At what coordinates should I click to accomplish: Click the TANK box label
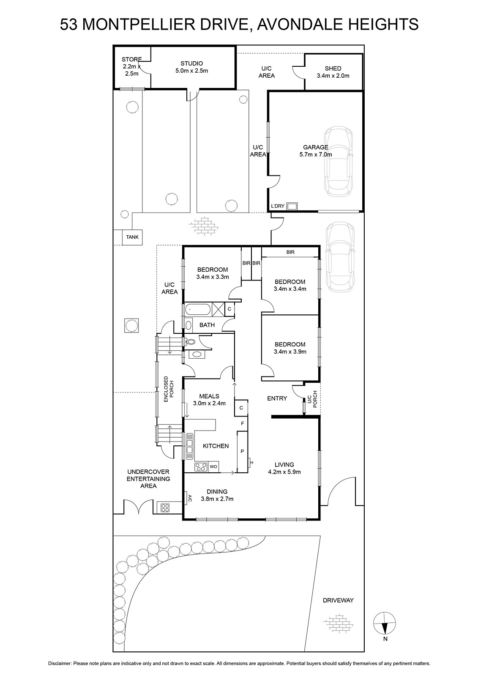coord(132,237)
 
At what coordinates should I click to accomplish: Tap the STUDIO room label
coord(192,63)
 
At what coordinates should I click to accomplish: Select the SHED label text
coord(333,68)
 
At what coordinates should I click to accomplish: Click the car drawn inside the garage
coord(338,161)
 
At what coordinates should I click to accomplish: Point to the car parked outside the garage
coord(340,258)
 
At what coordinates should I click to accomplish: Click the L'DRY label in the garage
coord(278,206)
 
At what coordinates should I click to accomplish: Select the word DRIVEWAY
coord(338,600)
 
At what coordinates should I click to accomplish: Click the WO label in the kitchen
coord(213,466)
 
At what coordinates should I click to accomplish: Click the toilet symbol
coord(190,342)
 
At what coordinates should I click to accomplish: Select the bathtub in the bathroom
coord(198,309)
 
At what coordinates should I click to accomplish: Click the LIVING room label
coord(284,465)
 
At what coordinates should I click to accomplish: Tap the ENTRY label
coord(277,398)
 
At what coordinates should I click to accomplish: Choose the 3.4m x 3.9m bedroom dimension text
coord(290,352)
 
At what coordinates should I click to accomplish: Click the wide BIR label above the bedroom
coord(290,252)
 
